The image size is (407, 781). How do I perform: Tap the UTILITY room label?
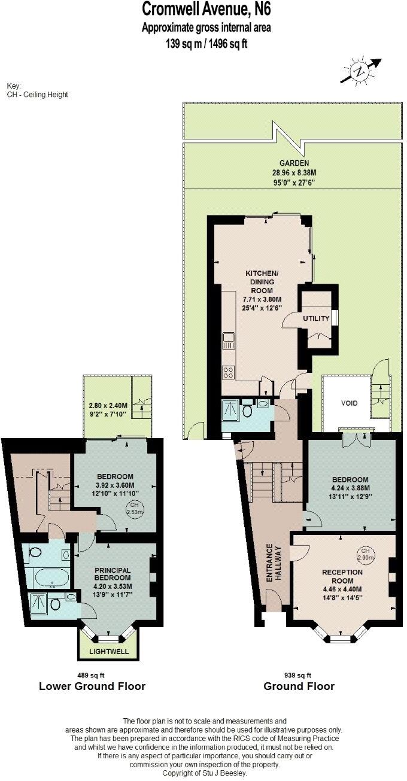316,318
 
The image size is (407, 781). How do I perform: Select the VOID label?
349,403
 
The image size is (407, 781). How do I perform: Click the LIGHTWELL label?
108,651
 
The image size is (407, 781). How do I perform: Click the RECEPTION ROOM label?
342,576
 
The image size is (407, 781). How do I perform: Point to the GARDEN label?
294,163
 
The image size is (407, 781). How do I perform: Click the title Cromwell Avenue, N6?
202,10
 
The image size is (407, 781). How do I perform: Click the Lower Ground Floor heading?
92,686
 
